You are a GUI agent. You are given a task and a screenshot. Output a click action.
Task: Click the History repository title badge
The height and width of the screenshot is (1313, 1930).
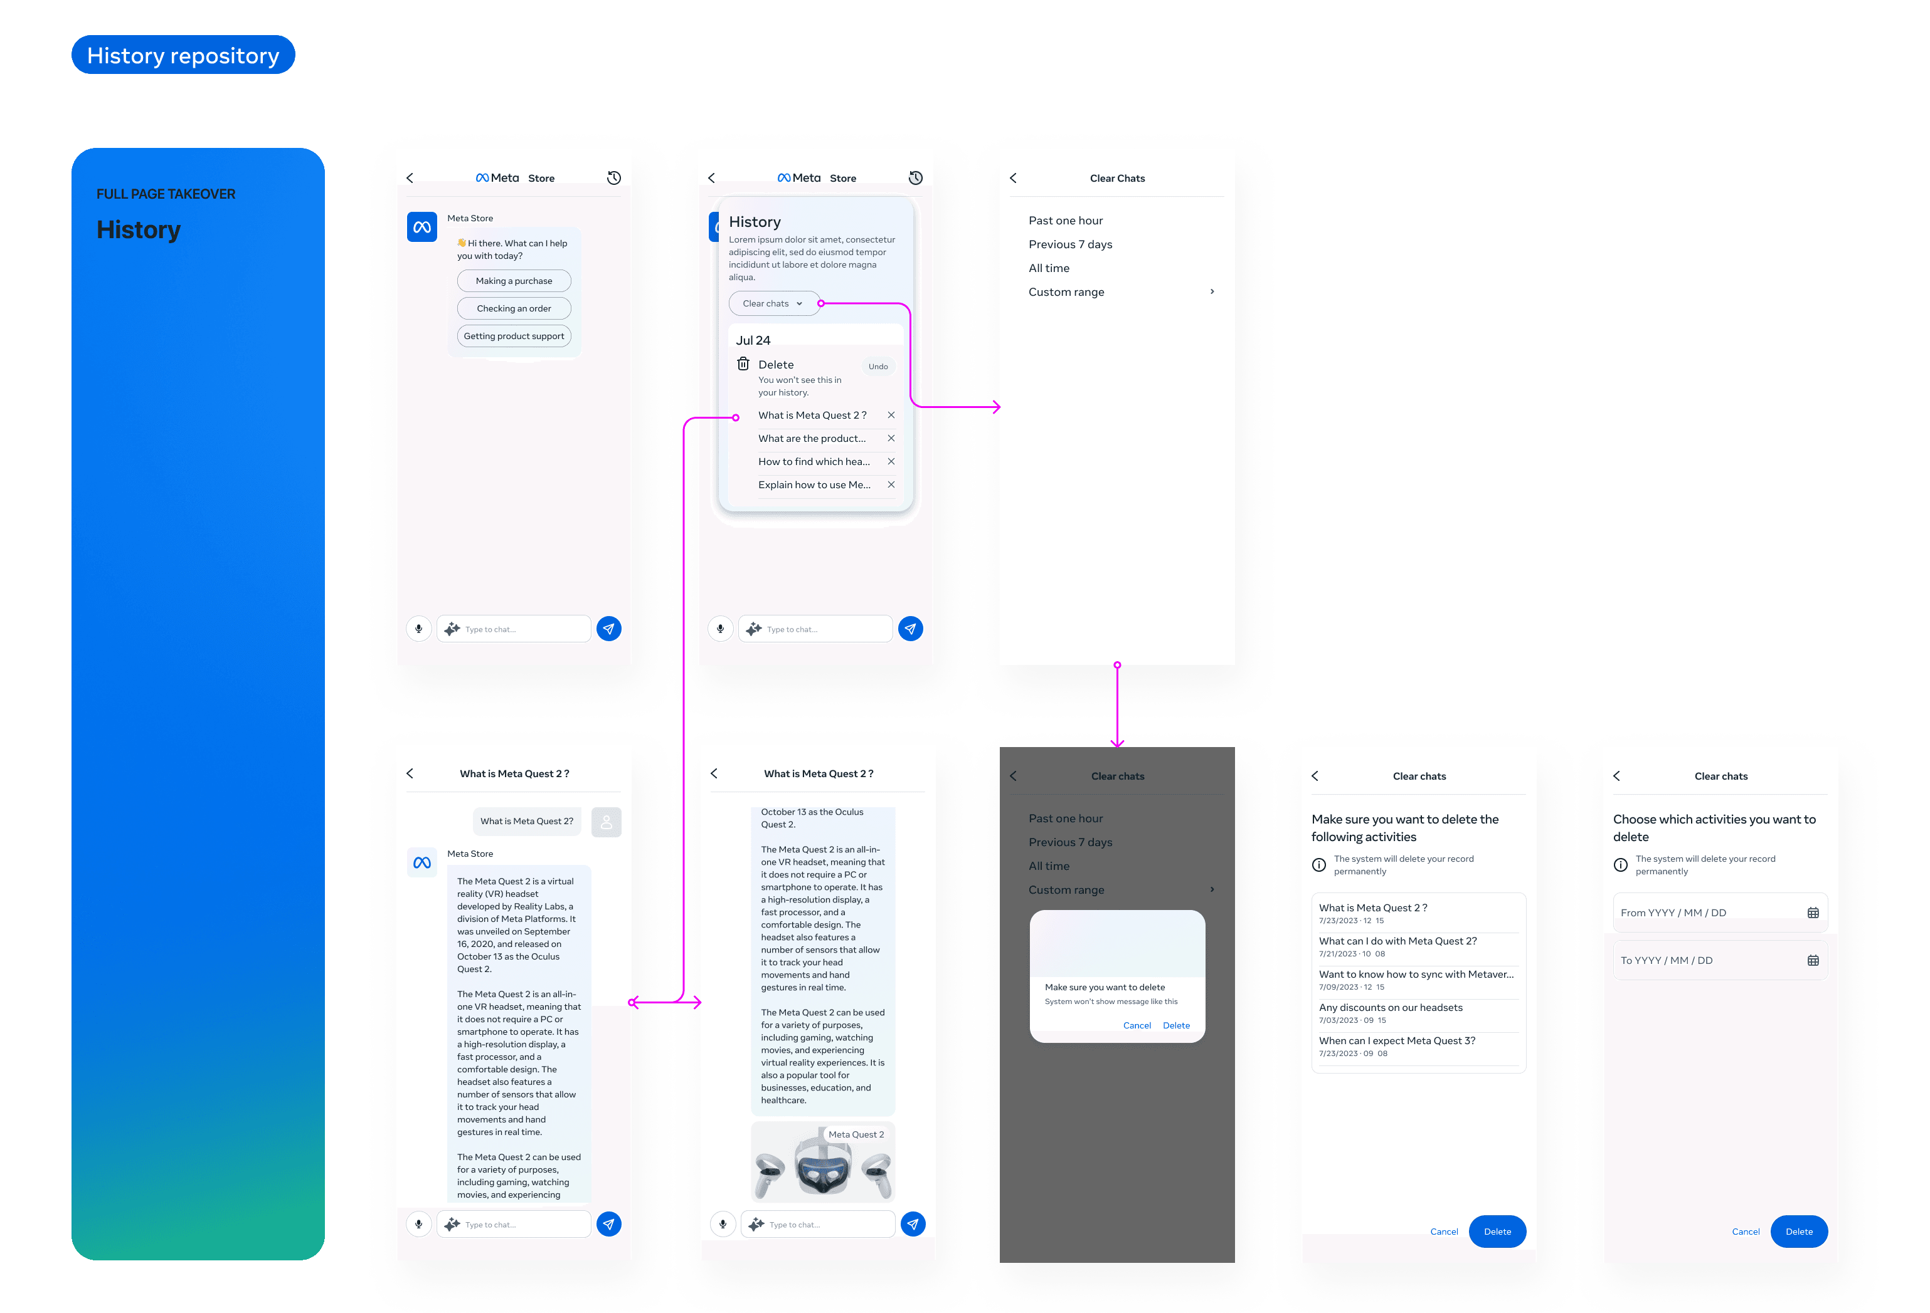183,55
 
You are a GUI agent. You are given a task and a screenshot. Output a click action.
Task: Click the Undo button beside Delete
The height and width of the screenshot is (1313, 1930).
878,367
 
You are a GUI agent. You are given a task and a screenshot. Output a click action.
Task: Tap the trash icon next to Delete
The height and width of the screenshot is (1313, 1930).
743,364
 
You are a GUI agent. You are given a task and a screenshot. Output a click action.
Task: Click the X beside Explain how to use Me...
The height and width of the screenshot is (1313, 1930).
891,484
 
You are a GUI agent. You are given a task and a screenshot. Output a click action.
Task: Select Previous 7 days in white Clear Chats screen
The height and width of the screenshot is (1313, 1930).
1069,244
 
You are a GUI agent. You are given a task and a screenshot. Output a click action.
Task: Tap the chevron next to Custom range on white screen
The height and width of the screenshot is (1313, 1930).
1212,291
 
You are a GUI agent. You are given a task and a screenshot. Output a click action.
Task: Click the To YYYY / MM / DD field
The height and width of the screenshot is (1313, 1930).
1719,960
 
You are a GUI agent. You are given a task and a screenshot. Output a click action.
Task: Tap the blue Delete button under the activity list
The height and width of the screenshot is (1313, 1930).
1497,1232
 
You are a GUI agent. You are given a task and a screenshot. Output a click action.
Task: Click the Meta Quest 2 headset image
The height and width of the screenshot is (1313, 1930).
822,1163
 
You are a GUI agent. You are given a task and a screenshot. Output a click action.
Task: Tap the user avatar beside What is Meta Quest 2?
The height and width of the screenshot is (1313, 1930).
607,822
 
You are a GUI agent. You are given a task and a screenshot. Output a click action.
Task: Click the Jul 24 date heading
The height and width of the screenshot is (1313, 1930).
753,341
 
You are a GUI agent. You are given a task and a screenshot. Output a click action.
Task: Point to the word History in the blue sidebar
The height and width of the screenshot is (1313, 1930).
139,230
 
